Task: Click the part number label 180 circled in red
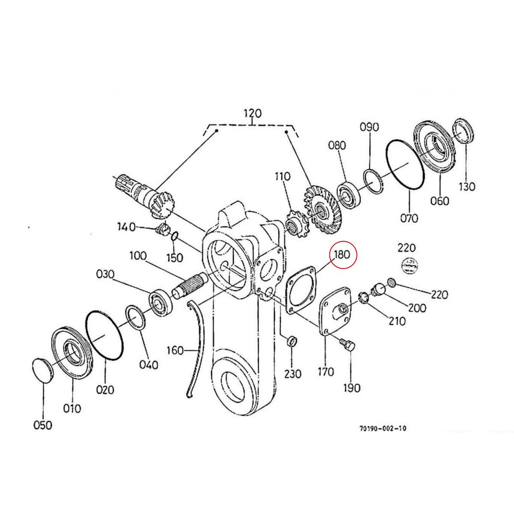[343, 254]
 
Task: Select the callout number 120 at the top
[252, 114]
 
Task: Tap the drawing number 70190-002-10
[383, 428]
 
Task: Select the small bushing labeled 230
[291, 341]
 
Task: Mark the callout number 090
[369, 127]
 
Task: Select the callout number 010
[72, 408]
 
